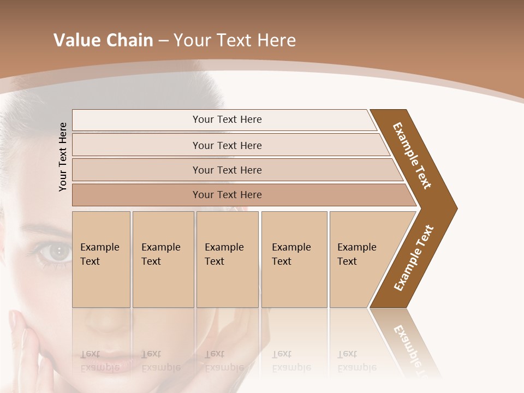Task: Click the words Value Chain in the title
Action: click(103, 40)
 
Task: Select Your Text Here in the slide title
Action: click(235, 40)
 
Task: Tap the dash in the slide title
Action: click(163, 41)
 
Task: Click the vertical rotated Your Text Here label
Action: click(63, 157)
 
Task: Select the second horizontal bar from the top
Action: click(227, 145)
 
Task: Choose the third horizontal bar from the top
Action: click(227, 170)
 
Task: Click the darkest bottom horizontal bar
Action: click(227, 195)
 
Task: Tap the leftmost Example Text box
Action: click(101, 259)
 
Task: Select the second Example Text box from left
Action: click(163, 259)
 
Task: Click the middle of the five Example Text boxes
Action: click(227, 259)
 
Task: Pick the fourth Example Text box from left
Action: click(294, 259)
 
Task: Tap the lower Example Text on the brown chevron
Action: click(414, 258)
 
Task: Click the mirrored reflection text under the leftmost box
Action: click(99, 361)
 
